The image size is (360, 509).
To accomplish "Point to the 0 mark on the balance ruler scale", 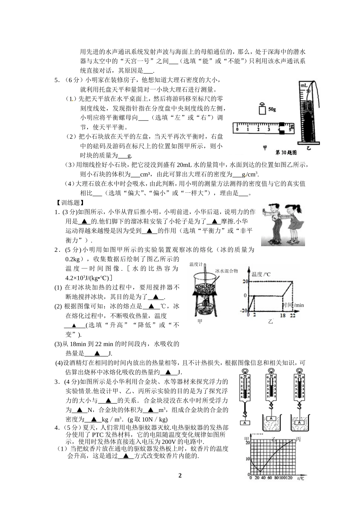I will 237,130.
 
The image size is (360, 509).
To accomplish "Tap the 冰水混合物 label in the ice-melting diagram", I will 227,271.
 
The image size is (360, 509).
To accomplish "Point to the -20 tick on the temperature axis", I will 243,311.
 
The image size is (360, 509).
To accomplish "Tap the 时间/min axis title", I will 293,305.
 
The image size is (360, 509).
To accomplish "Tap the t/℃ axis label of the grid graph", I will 300,478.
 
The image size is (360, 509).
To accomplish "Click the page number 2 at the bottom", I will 180,476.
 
